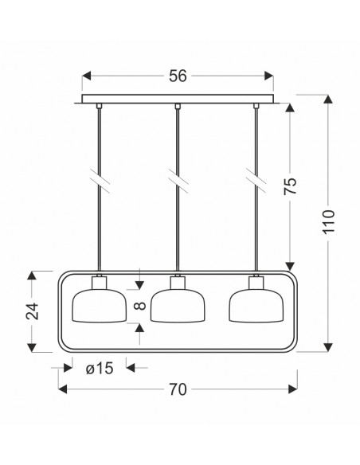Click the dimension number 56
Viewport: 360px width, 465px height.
pyautogui.click(x=178, y=76)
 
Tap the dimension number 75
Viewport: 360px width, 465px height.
pyautogui.click(x=290, y=186)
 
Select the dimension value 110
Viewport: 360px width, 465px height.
pyautogui.click(x=328, y=222)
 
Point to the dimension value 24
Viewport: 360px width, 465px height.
pyautogui.click(x=33, y=311)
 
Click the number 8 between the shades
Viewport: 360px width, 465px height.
pyautogui.click(x=140, y=306)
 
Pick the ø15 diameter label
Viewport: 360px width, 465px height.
pyautogui.click(x=100, y=369)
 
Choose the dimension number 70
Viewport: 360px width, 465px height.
pyautogui.click(x=178, y=389)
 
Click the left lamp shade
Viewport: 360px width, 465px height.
pyautogui.click(x=100, y=306)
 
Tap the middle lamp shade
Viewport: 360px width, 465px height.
pyautogui.click(x=178, y=306)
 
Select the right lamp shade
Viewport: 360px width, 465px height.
pyautogui.click(x=256, y=306)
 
